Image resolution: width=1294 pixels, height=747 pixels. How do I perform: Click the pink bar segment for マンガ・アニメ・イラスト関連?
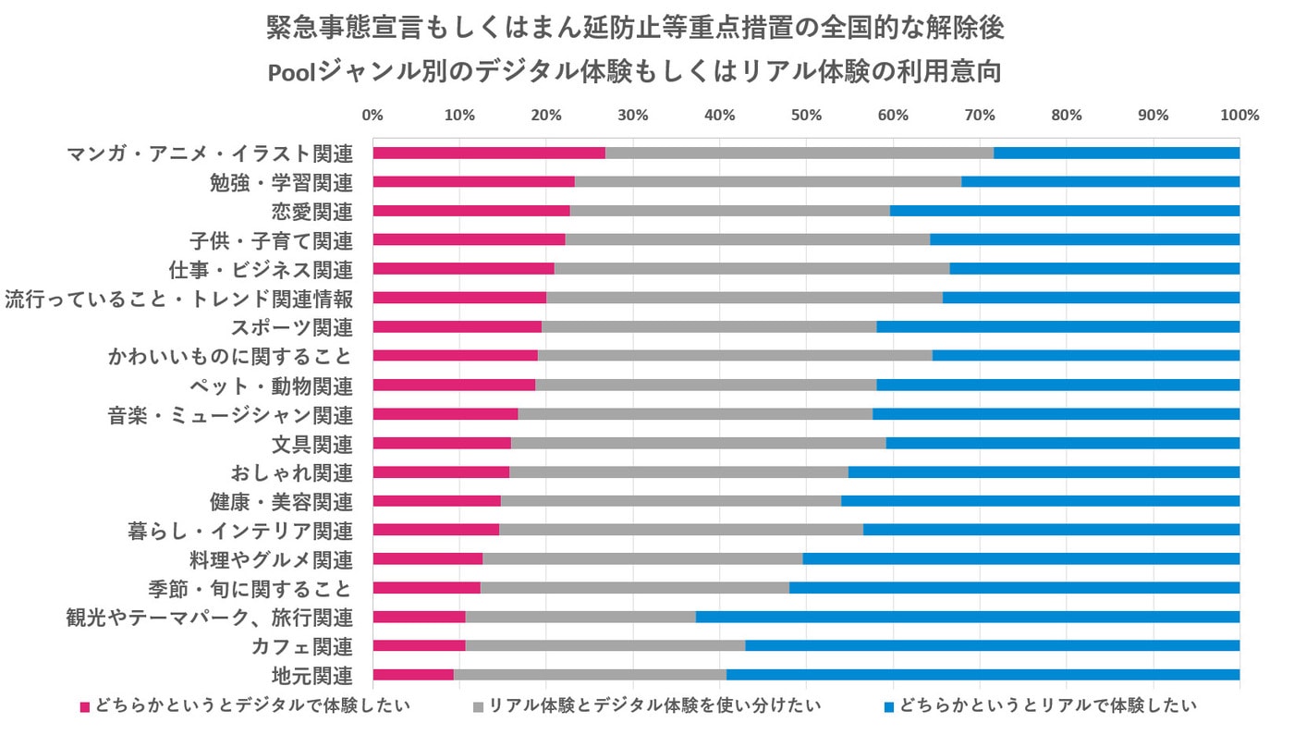[x=489, y=153]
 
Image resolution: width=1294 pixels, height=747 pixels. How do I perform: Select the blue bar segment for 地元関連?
[x=983, y=675]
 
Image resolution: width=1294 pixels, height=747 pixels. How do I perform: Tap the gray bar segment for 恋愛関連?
[x=730, y=211]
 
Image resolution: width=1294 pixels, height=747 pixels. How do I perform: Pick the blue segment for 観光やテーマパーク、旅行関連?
[x=968, y=617]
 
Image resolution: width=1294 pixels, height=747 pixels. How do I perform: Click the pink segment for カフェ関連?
[x=419, y=645]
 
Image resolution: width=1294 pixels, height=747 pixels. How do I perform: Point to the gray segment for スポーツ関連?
[x=709, y=326]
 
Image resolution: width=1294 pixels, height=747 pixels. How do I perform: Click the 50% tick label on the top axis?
[x=806, y=116]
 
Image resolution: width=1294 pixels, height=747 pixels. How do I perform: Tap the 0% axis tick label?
[x=372, y=116]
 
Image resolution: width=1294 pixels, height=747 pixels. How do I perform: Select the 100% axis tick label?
[x=1239, y=116]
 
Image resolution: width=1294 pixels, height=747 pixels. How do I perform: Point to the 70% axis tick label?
[x=980, y=116]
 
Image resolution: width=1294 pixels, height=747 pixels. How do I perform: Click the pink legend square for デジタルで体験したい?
[x=85, y=707]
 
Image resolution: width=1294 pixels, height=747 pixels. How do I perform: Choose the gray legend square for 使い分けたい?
[x=478, y=707]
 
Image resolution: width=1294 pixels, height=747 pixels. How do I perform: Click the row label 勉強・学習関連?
[x=282, y=182]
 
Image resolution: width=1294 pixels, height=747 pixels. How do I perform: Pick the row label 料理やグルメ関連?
[x=271, y=559]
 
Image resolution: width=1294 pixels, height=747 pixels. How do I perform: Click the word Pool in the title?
[x=291, y=73]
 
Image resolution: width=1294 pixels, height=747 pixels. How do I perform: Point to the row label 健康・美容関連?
[x=282, y=502]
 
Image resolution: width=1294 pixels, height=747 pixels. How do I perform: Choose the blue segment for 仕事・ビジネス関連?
[x=1094, y=268]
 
